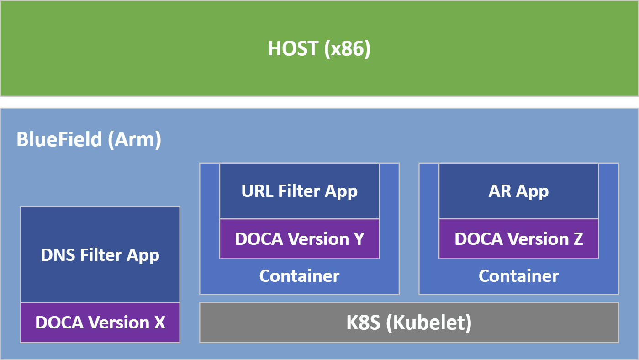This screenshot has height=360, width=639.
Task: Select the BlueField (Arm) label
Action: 89,139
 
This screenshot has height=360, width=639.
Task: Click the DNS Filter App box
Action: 100,254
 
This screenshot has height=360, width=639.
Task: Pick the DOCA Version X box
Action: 100,323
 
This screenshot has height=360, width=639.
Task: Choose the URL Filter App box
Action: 299,191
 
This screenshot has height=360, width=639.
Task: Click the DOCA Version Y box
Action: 299,239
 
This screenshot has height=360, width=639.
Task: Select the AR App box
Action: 518,191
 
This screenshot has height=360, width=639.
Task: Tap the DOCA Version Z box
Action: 518,239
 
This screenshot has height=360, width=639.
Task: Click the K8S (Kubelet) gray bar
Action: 409,323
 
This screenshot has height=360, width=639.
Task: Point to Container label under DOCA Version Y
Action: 299,276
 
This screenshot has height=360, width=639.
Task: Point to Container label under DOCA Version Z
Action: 518,276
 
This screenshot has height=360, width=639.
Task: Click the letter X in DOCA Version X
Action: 158,323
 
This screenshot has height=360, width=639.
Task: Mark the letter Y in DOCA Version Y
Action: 358,239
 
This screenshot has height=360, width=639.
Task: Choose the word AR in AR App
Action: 500,191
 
